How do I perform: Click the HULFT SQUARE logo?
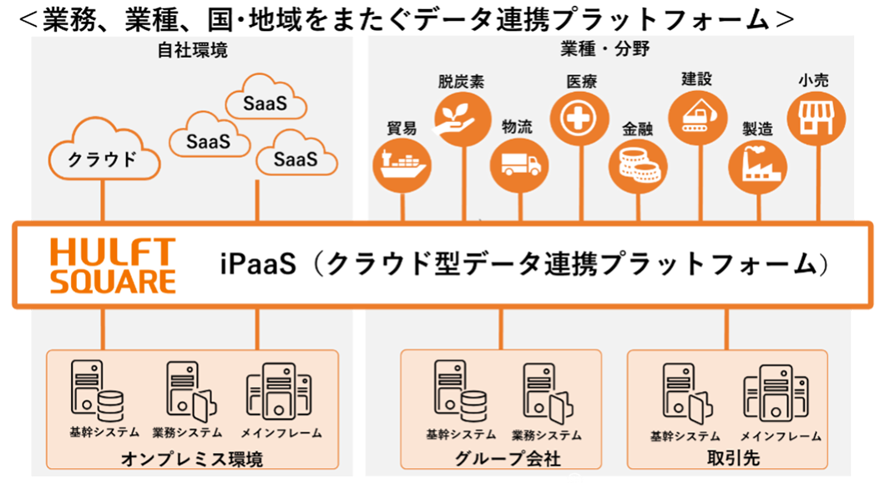pos(113,266)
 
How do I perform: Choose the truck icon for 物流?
pos(519,161)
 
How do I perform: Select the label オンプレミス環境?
pos(192,459)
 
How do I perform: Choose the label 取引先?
pos(726,459)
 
